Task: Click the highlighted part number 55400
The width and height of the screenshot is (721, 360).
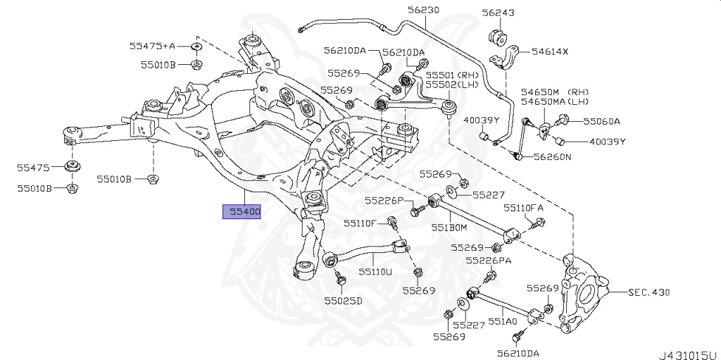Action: point(242,211)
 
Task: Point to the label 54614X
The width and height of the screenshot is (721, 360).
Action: point(550,52)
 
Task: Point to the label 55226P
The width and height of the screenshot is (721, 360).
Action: point(384,201)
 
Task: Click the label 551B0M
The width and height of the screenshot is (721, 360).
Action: point(449,228)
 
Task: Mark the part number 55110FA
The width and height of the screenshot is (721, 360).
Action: point(523,209)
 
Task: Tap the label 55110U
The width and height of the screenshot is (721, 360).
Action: point(374,271)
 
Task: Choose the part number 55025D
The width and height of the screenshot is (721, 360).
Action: point(343,301)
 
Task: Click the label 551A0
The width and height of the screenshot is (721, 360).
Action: point(503,322)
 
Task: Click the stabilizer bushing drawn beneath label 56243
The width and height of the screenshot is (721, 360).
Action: point(499,35)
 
